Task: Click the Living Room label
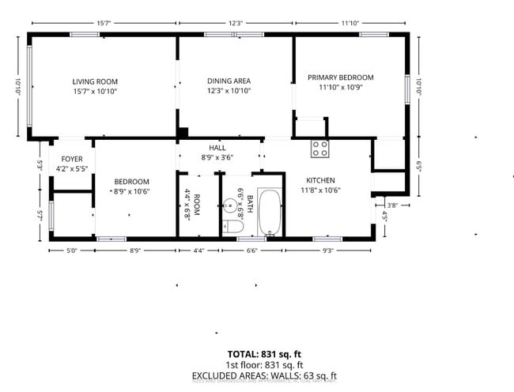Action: (95, 81)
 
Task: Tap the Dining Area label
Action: (229, 81)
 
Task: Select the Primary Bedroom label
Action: (340, 77)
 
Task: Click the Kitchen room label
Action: (321, 180)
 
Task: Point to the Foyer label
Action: (72, 159)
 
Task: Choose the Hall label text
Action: (217, 148)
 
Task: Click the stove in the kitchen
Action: (320, 147)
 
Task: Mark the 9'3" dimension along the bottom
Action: (327, 251)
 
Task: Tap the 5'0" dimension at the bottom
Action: (71, 251)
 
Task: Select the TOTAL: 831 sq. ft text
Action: (264, 353)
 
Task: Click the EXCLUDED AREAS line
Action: (264, 375)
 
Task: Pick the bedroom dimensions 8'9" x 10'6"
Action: (132, 190)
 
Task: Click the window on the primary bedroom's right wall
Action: (409, 88)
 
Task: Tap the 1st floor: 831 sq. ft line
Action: (264, 364)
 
